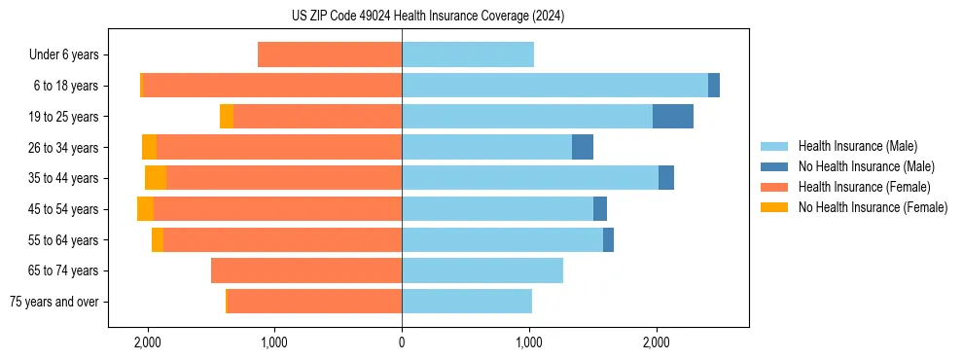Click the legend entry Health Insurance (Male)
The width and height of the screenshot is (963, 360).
tap(857, 146)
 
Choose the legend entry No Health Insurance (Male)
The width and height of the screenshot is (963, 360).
tap(866, 166)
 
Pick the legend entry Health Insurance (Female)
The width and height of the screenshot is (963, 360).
tap(863, 187)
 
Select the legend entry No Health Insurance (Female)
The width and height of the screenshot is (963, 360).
tap(872, 207)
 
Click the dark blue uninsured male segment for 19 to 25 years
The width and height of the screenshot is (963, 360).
tap(673, 117)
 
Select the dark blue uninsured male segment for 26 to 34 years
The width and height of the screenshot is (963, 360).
tap(583, 147)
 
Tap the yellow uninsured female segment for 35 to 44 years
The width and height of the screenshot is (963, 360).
tap(156, 178)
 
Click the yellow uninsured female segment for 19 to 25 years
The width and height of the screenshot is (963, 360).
tap(227, 117)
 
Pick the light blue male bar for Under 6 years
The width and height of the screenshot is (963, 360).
tap(468, 54)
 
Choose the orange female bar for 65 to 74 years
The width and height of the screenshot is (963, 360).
tap(306, 270)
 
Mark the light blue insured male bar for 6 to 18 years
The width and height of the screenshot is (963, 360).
tap(554, 86)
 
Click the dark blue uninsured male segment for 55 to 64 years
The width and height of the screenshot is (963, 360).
tap(608, 240)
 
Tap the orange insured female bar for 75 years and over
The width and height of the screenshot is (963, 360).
tap(314, 302)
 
